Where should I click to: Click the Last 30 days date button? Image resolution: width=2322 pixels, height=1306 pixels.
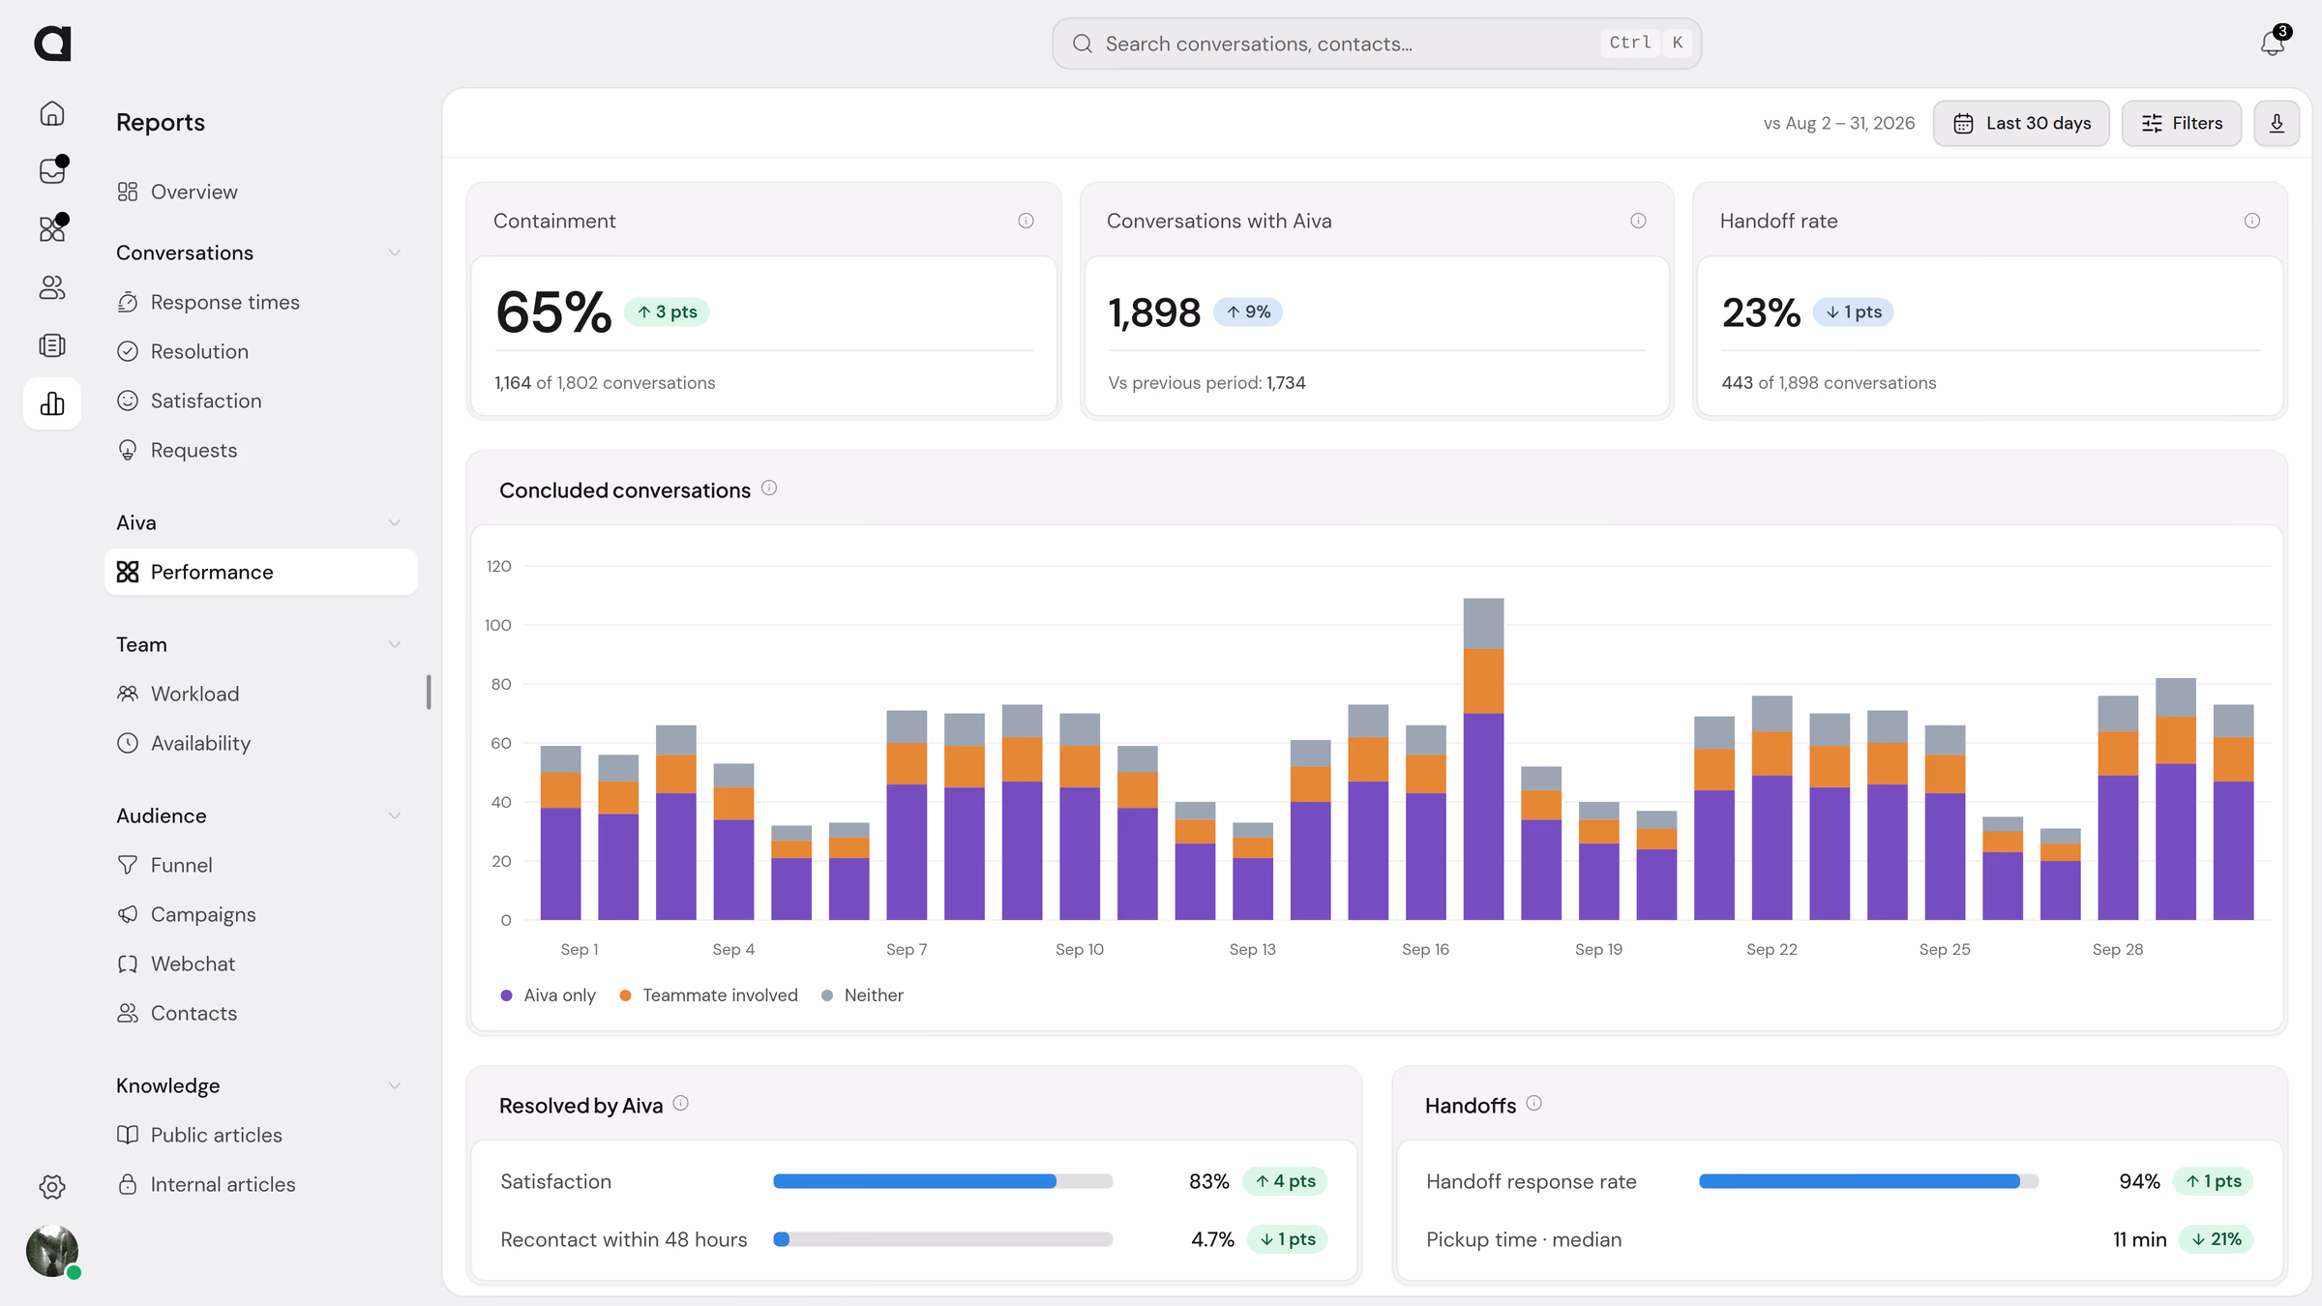pos(2021,123)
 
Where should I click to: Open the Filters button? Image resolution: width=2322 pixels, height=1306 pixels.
pos(2182,123)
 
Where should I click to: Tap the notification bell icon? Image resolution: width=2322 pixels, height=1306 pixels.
pos(2273,44)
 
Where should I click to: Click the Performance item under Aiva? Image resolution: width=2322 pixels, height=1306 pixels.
pos(261,572)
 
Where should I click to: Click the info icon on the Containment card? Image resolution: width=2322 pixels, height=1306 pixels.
pos(1026,221)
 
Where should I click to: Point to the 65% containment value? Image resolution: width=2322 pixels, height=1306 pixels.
pos(553,312)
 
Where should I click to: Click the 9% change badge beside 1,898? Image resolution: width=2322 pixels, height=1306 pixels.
pos(1248,312)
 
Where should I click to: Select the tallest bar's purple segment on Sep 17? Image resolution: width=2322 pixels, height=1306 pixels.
pos(1483,816)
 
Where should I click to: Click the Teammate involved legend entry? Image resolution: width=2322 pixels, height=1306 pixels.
pos(709,995)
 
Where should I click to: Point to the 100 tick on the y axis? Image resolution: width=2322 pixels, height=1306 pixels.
pos(498,625)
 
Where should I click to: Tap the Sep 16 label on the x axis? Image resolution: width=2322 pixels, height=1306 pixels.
pos(1425,949)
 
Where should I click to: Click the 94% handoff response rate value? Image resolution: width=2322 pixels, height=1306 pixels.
pos(2139,1181)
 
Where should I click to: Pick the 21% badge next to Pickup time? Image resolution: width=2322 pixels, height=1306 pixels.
pos(2216,1239)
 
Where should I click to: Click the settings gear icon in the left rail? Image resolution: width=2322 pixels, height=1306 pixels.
pos(52,1187)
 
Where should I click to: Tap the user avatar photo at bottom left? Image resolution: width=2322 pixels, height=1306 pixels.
pos(52,1251)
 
